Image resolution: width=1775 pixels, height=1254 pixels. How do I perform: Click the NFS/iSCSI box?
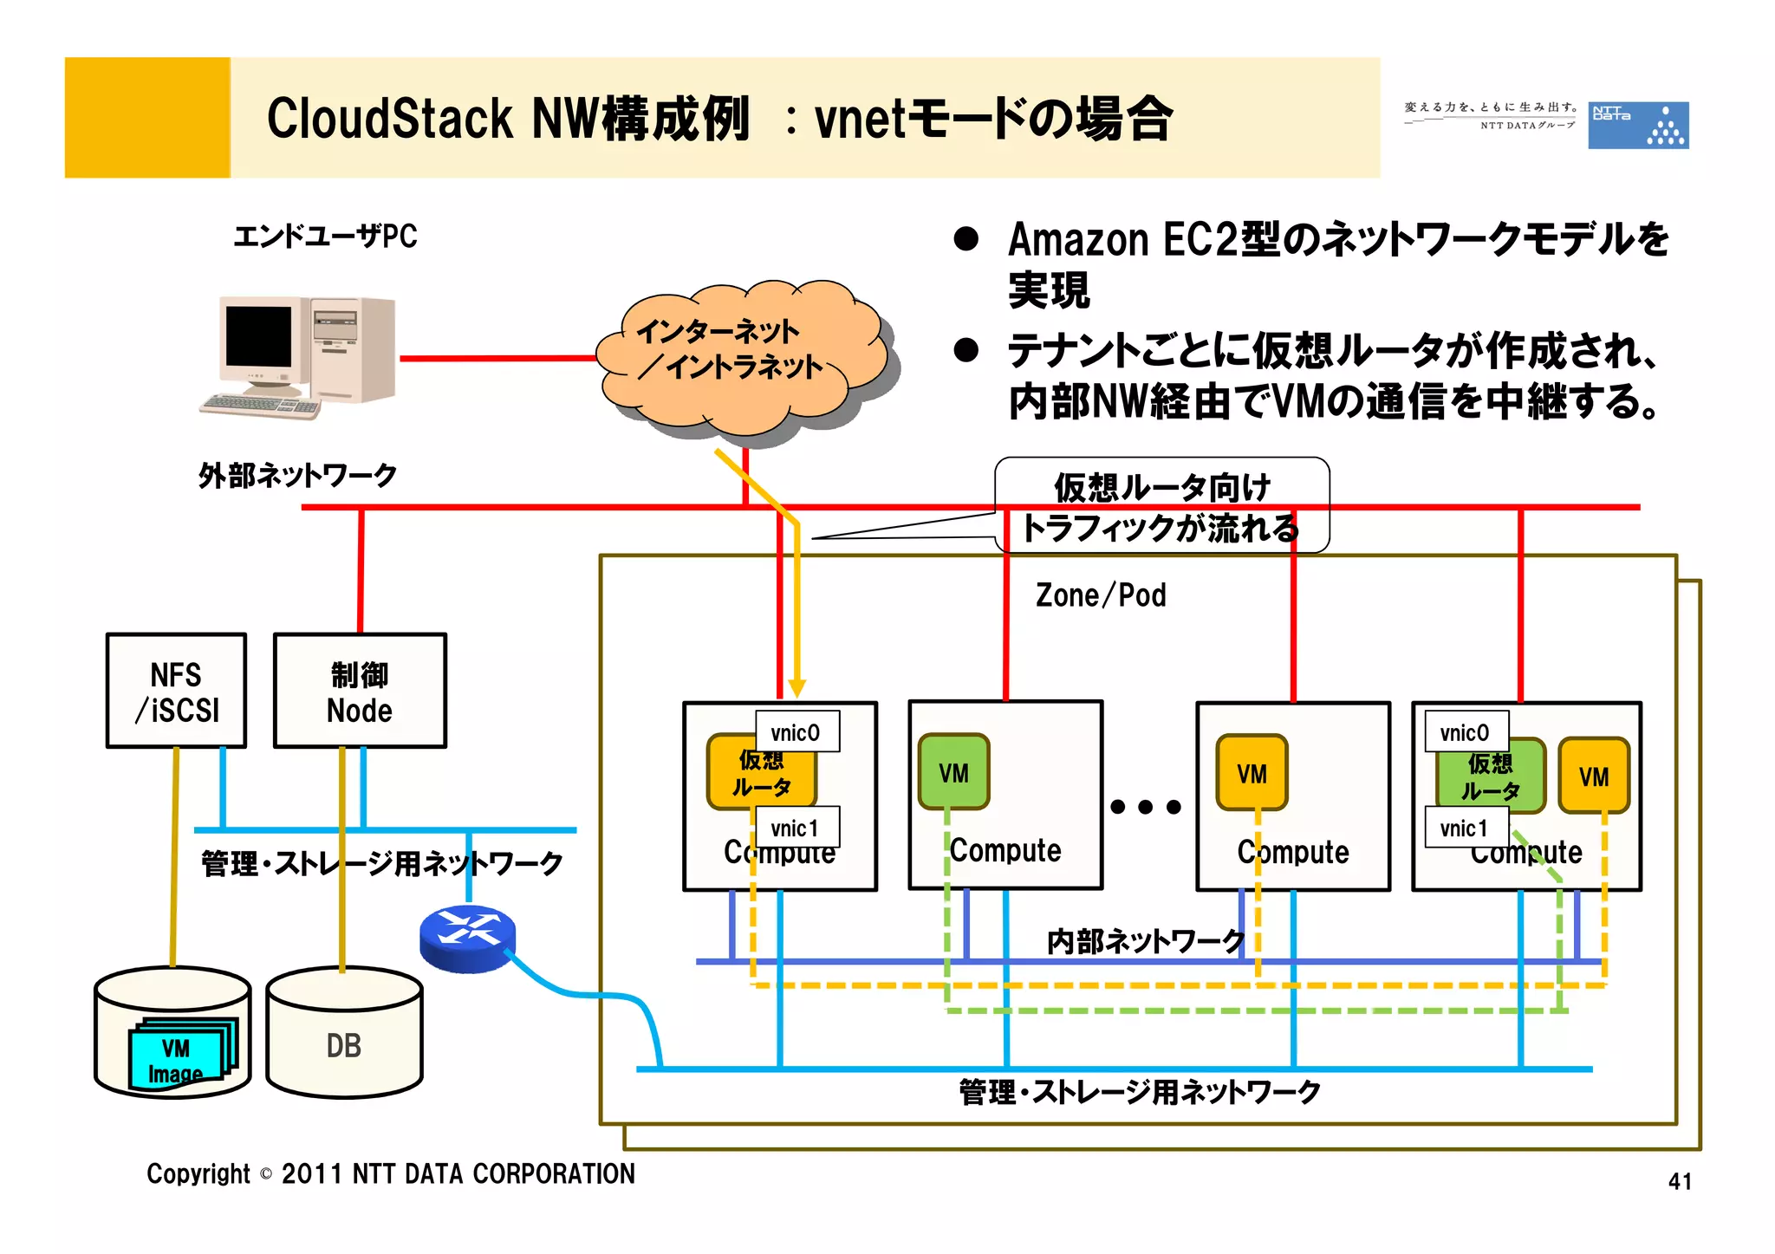point(176,691)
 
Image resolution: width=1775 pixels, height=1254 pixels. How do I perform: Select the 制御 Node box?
point(360,691)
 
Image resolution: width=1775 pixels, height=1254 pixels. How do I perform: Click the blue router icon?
point(467,938)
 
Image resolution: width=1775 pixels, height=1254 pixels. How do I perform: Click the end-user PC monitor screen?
point(258,336)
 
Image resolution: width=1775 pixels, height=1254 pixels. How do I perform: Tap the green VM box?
point(953,771)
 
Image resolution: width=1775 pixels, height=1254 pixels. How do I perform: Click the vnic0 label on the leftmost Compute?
point(796,732)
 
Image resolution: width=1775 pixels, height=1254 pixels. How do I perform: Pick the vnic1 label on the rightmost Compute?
point(1466,828)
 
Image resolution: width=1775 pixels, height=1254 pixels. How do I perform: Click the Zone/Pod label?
point(1101,595)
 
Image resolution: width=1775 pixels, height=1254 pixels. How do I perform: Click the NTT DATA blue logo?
point(1637,126)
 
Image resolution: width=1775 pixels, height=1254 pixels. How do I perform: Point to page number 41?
point(1680,1181)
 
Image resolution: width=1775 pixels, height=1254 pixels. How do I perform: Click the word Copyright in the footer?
point(198,1173)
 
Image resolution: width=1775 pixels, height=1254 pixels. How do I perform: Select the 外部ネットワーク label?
point(297,475)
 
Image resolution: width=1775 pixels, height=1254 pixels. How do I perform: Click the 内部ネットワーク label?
point(1145,941)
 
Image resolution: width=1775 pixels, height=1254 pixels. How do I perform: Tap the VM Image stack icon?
point(183,1052)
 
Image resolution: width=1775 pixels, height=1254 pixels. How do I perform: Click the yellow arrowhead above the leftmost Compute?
point(797,688)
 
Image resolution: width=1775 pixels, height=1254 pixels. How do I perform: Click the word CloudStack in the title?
point(389,119)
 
